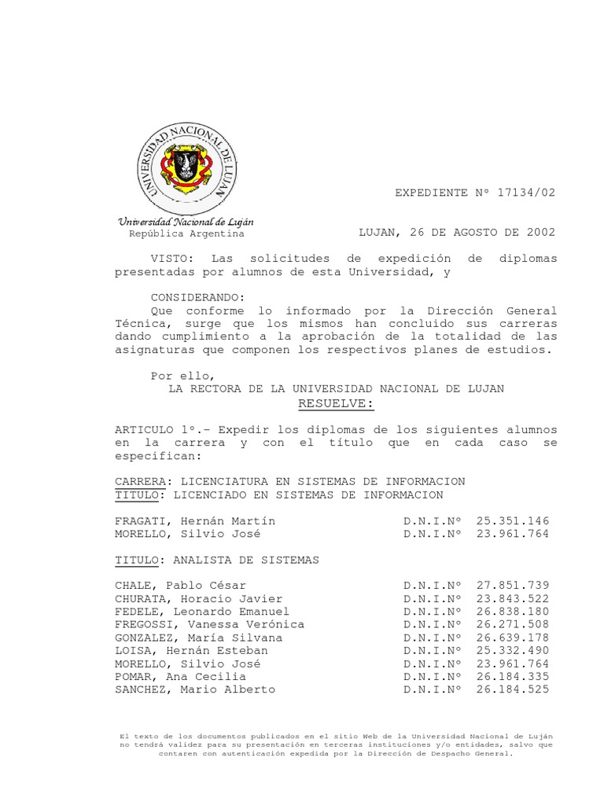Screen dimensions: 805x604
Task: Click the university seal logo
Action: [186, 164]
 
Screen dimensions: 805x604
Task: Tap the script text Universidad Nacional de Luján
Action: [186, 222]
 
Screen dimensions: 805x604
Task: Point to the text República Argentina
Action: [186, 233]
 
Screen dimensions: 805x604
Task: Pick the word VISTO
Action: [171, 259]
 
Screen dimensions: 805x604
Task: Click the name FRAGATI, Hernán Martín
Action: [195, 521]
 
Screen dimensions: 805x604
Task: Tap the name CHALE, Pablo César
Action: [180, 586]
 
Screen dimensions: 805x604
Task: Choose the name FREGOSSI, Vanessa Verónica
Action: [209, 624]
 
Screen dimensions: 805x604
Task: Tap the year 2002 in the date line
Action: [540, 233]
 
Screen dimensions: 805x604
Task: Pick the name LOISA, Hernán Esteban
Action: [191, 650]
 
